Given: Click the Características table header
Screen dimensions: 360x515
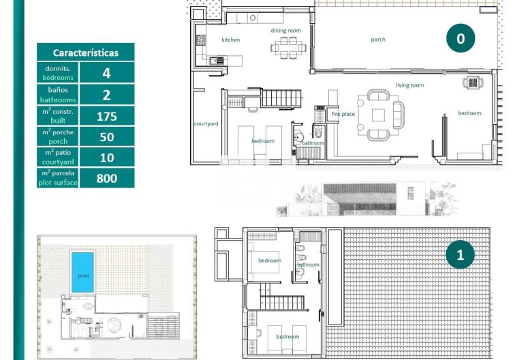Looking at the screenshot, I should tap(85, 52).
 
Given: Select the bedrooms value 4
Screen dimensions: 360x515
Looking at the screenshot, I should tap(106, 73).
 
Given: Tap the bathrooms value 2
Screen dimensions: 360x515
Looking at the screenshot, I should tap(106, 94).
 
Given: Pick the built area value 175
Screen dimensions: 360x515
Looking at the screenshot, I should tap(106, 116).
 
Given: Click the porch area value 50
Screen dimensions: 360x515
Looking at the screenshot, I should tap(106, 137).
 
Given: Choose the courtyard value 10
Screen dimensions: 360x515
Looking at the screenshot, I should tap(106, 157).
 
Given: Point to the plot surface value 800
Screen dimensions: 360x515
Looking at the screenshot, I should tap(106, 179).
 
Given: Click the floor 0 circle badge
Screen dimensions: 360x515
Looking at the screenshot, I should tap(461, 39).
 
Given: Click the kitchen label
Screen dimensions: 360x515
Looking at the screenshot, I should tap(231, 40).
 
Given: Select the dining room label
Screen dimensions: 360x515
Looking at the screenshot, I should tap(285, 31).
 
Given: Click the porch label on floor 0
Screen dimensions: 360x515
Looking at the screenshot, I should tap(378, 40).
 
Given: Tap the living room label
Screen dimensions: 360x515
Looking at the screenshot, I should tap(410, 85).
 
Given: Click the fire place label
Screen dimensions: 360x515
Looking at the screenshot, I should tap(343, 114).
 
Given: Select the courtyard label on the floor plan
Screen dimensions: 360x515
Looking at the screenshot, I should tap(206, 123).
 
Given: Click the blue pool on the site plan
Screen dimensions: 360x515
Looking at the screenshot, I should tap(82, 273).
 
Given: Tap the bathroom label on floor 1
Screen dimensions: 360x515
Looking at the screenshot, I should tap(307, 265).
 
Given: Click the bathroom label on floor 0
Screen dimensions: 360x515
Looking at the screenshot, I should tap(313, 143).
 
